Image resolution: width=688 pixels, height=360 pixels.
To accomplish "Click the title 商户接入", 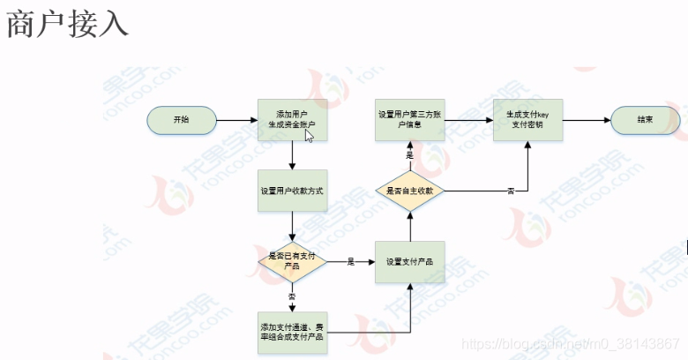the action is click(x=67, y=25).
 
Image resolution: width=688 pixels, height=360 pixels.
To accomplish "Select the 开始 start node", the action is click(x=181, y=119).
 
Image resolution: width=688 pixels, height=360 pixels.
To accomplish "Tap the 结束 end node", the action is click(x=645, y=119).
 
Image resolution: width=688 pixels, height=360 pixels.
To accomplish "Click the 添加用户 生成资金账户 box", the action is click(x=292, y=119).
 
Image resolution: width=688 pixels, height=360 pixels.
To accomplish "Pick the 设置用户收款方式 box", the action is click(x=292, y=191).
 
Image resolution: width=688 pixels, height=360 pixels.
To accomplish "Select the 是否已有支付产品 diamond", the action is click(x=292, y=260).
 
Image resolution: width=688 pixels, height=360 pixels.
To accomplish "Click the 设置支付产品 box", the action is click(x=409, y=261).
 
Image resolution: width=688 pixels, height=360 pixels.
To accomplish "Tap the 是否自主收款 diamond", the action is click(x=409, y=191).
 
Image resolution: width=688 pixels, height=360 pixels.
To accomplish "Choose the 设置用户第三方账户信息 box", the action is click(x=409, y=119).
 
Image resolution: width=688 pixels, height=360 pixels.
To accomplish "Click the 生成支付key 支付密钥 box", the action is click(x=527, y=119).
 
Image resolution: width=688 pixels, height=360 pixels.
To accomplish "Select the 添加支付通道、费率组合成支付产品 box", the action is click(x=292, y=332).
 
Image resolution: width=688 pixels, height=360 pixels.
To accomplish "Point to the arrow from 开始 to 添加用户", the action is click(x=236, y=119).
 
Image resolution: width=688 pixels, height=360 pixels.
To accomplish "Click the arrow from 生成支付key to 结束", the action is click(x=586, y=119).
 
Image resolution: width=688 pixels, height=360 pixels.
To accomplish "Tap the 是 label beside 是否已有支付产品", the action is click(x=350, y=261).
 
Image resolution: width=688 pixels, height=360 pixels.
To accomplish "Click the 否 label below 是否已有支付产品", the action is click(x=292, y=296).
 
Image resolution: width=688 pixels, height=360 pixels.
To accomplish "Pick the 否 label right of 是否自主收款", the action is click(x=511, y=191).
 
